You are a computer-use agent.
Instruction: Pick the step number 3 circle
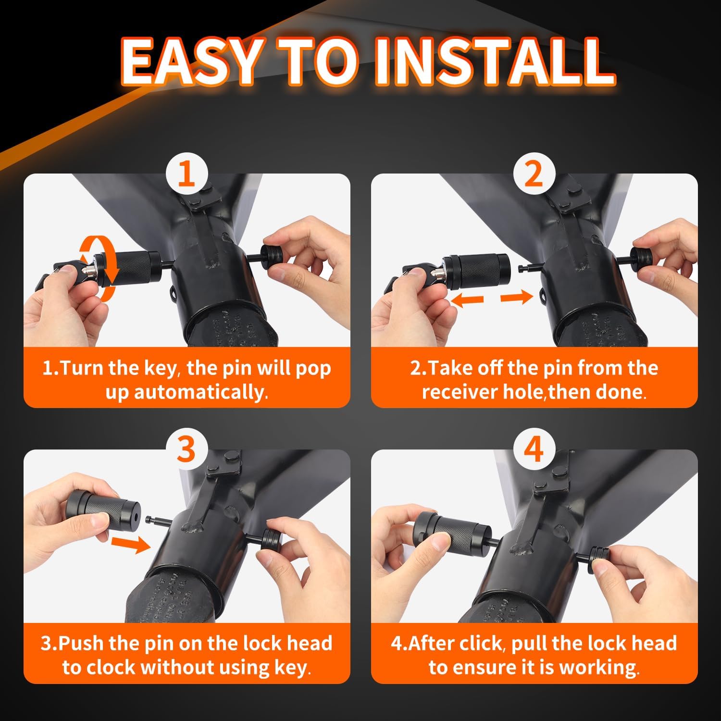(186, 449)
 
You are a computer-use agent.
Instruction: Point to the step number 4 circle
(534, 449)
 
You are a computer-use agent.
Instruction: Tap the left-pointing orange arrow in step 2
(467, 300)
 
